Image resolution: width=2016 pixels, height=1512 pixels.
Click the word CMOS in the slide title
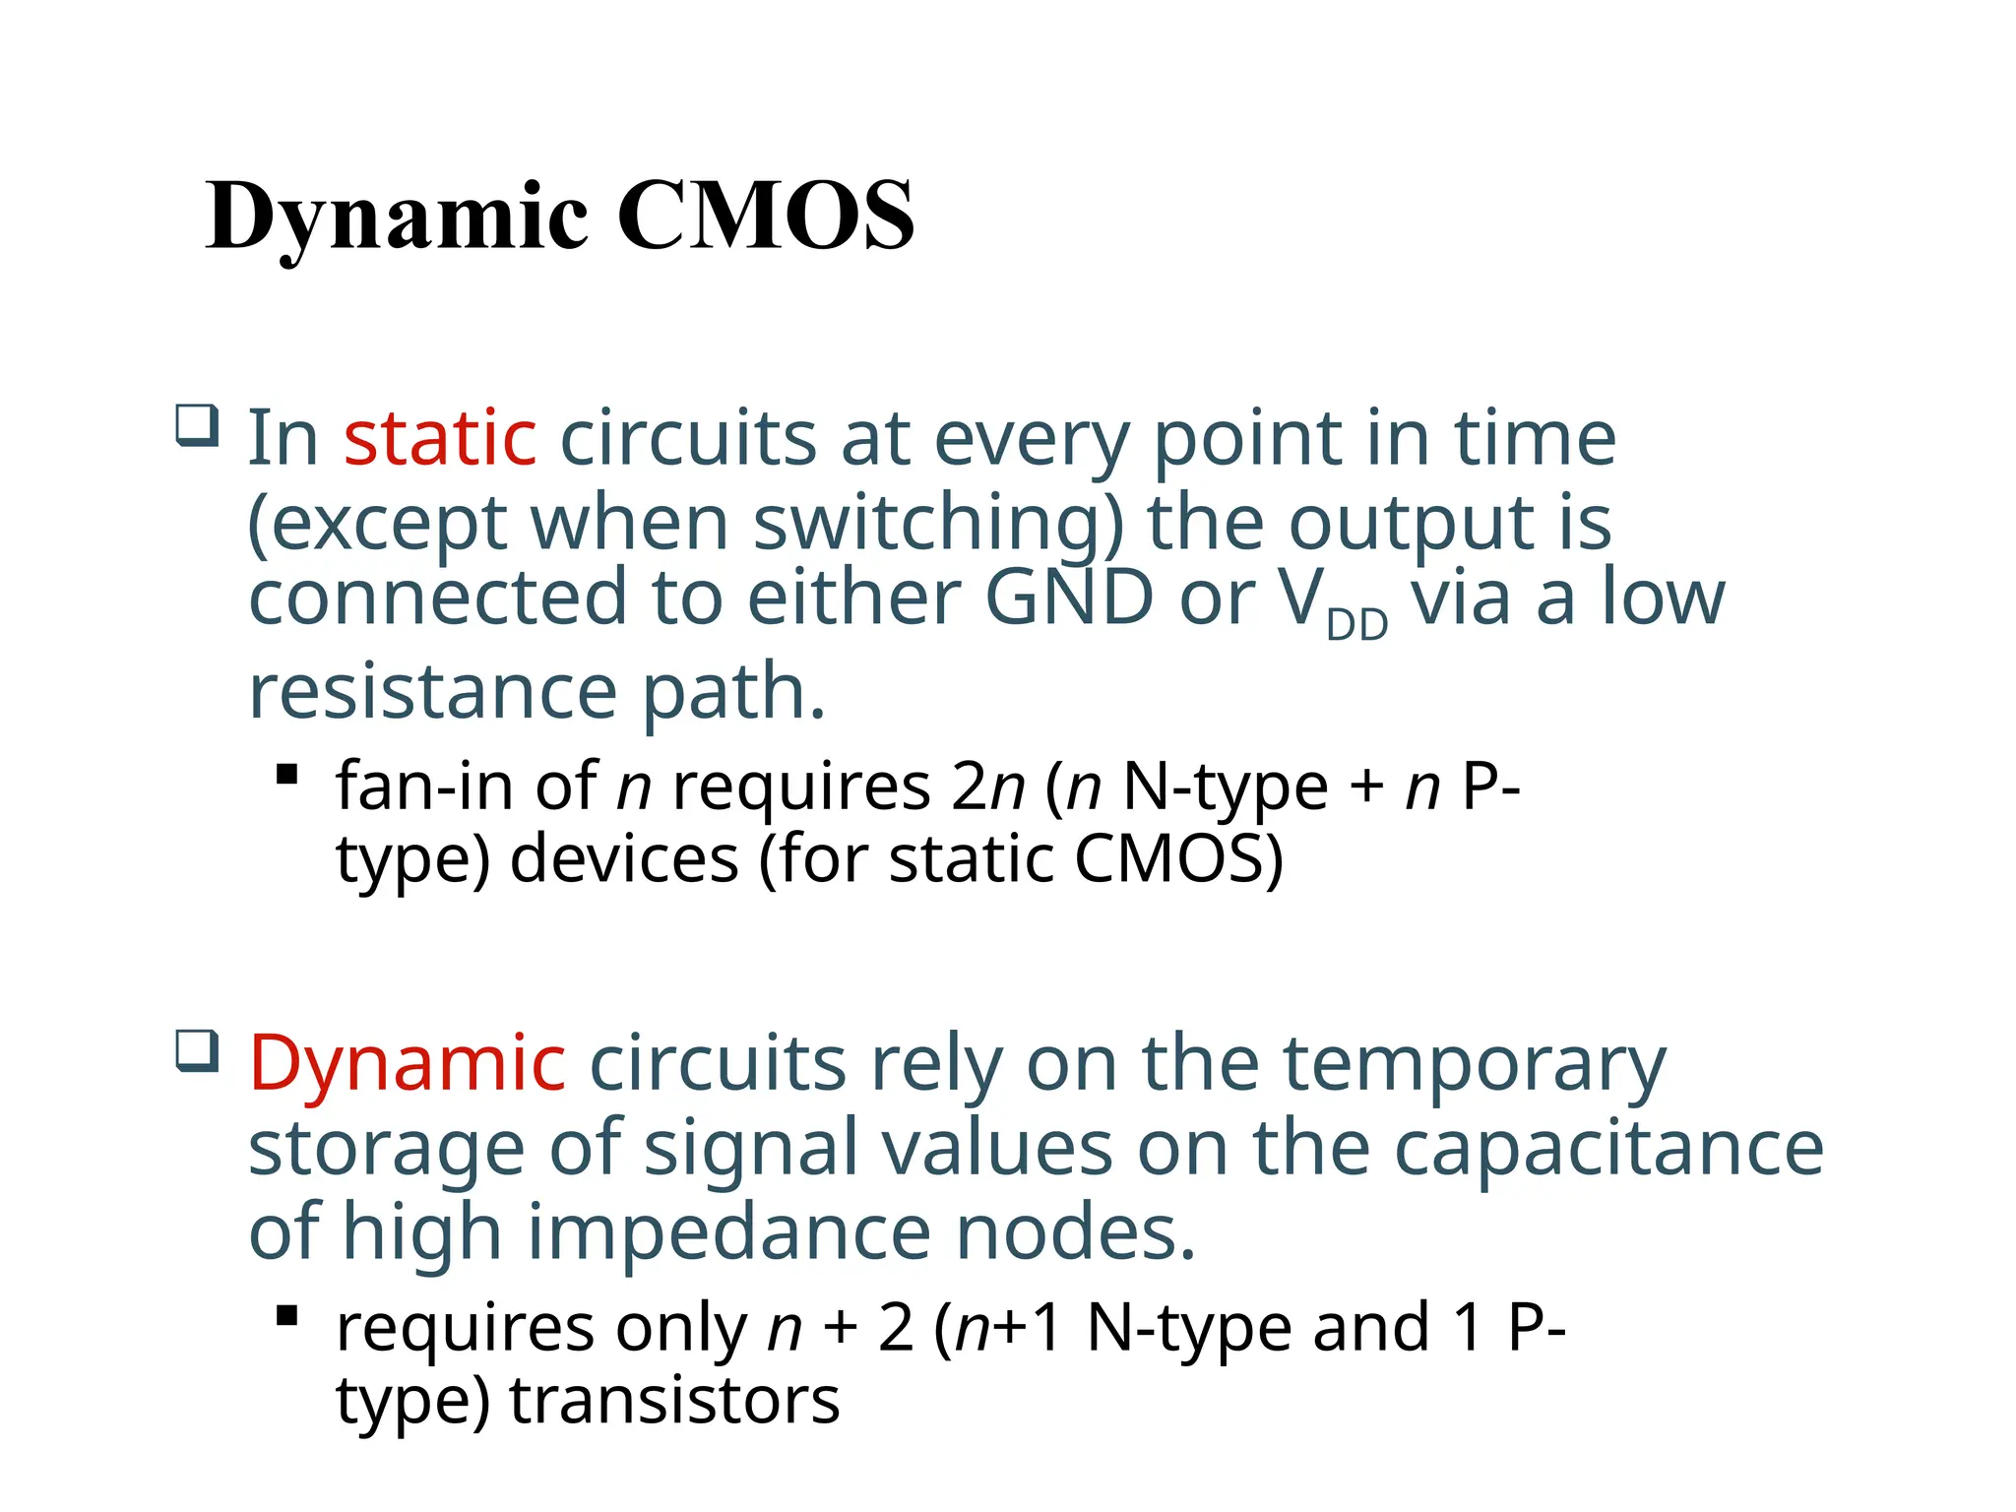766,217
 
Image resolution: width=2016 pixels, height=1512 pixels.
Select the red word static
440,439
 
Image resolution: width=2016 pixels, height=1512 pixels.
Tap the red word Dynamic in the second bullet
408,1065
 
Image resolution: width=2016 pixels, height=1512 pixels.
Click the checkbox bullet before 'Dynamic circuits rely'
197,1051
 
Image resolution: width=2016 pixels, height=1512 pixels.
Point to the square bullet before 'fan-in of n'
287,775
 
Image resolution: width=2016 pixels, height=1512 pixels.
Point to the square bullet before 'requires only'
287,1316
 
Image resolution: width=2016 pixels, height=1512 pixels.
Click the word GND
1068,598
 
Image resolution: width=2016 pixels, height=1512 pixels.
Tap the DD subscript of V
1356,625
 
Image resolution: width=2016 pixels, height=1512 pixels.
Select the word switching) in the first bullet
937,524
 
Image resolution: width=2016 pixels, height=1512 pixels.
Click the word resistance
433,692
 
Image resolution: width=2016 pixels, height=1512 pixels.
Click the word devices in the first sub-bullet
624,859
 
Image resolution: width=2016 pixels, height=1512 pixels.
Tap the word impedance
729,1234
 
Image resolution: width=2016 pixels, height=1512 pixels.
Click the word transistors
674,1401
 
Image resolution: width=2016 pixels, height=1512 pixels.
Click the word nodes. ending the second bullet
1076,1234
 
